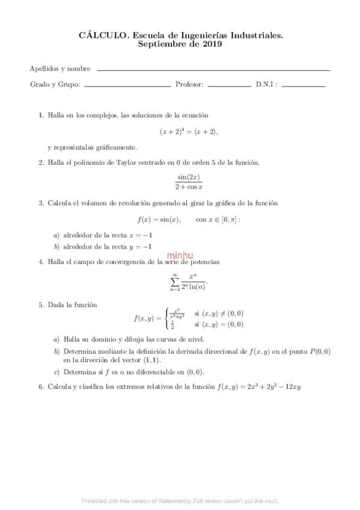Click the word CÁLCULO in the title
coord(100,36)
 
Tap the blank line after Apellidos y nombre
coord(213,70)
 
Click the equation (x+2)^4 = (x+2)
coord(189,131)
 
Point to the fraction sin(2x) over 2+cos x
coord(189,182)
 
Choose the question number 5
coord(41,305)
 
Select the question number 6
coord(41,387)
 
